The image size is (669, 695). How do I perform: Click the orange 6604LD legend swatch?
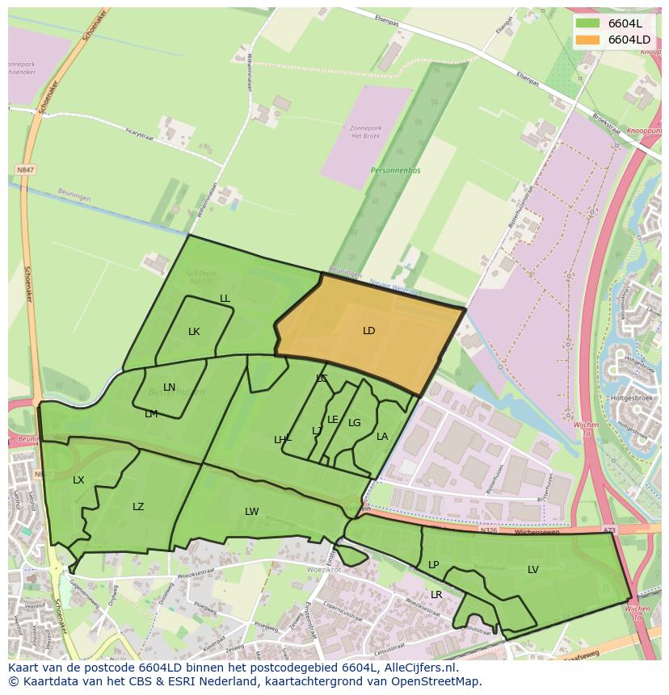(588, 40)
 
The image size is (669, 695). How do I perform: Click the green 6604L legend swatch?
(588, 23)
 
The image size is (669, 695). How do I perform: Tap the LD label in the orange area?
(369, 331)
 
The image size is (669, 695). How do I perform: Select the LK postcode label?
(194, 332)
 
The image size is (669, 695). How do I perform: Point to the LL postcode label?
(225, 299)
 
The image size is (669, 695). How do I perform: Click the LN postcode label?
(169, 387)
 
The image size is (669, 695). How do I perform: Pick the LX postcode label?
(78, 480)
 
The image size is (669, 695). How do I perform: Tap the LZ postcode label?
(138, 507)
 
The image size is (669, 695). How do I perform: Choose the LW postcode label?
(252, 512)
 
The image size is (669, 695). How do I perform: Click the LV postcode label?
(533, 570)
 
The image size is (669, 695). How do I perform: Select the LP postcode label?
(434, 565)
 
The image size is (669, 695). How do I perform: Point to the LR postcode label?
(436, 595)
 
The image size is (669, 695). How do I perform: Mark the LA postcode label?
(382, 437)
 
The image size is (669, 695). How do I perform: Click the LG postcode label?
(355, 423)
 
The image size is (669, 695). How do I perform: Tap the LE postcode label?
(333, 420)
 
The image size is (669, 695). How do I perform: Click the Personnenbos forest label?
(391, 171)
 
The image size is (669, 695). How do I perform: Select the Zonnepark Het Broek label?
(365, 132)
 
